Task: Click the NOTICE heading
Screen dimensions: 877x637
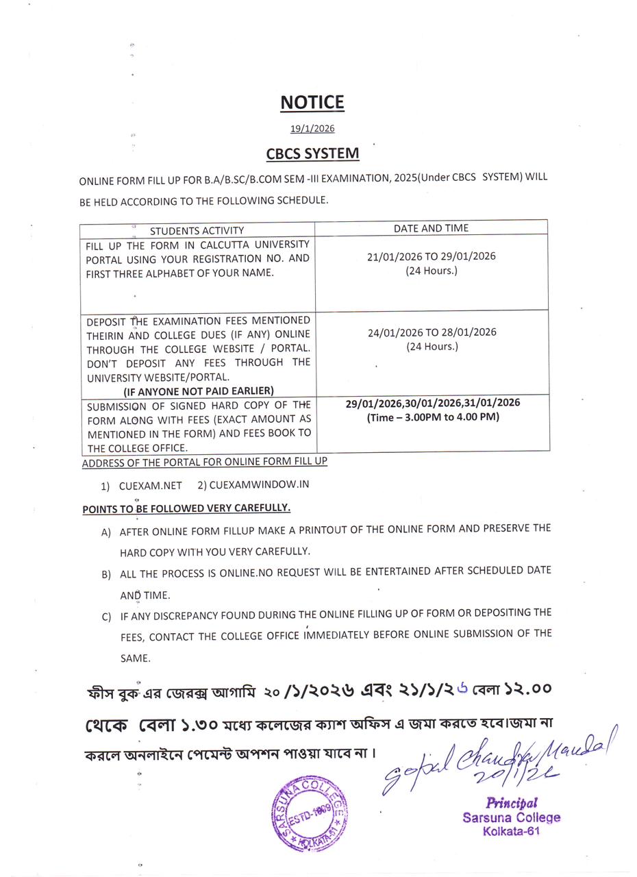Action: point(312,102)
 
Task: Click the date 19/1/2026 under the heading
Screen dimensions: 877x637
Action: point(312,128)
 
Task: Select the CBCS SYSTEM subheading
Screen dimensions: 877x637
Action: point(312,153)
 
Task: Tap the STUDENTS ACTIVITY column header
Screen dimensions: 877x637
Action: point(197,230)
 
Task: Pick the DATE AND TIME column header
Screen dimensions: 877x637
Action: point(431,227)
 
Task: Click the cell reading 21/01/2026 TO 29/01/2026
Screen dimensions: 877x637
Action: point(431,256)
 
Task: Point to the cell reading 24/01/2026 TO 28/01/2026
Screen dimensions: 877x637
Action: point(432,332)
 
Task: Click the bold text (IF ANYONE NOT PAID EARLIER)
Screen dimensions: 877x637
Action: point(199,391)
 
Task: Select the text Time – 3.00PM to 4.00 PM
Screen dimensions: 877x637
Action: point(433,417)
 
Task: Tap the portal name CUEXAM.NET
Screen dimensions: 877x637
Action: point(150,485)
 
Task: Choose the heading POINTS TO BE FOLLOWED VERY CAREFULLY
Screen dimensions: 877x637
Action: point(186,508)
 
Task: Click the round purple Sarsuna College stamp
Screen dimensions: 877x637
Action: point(310,814)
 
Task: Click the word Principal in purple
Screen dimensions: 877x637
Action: point(512,802)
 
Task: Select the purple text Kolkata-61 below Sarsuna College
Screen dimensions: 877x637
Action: point(511,831)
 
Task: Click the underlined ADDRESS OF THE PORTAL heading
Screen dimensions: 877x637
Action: point(204,462)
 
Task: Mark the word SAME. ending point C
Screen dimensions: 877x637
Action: point(135,658)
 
